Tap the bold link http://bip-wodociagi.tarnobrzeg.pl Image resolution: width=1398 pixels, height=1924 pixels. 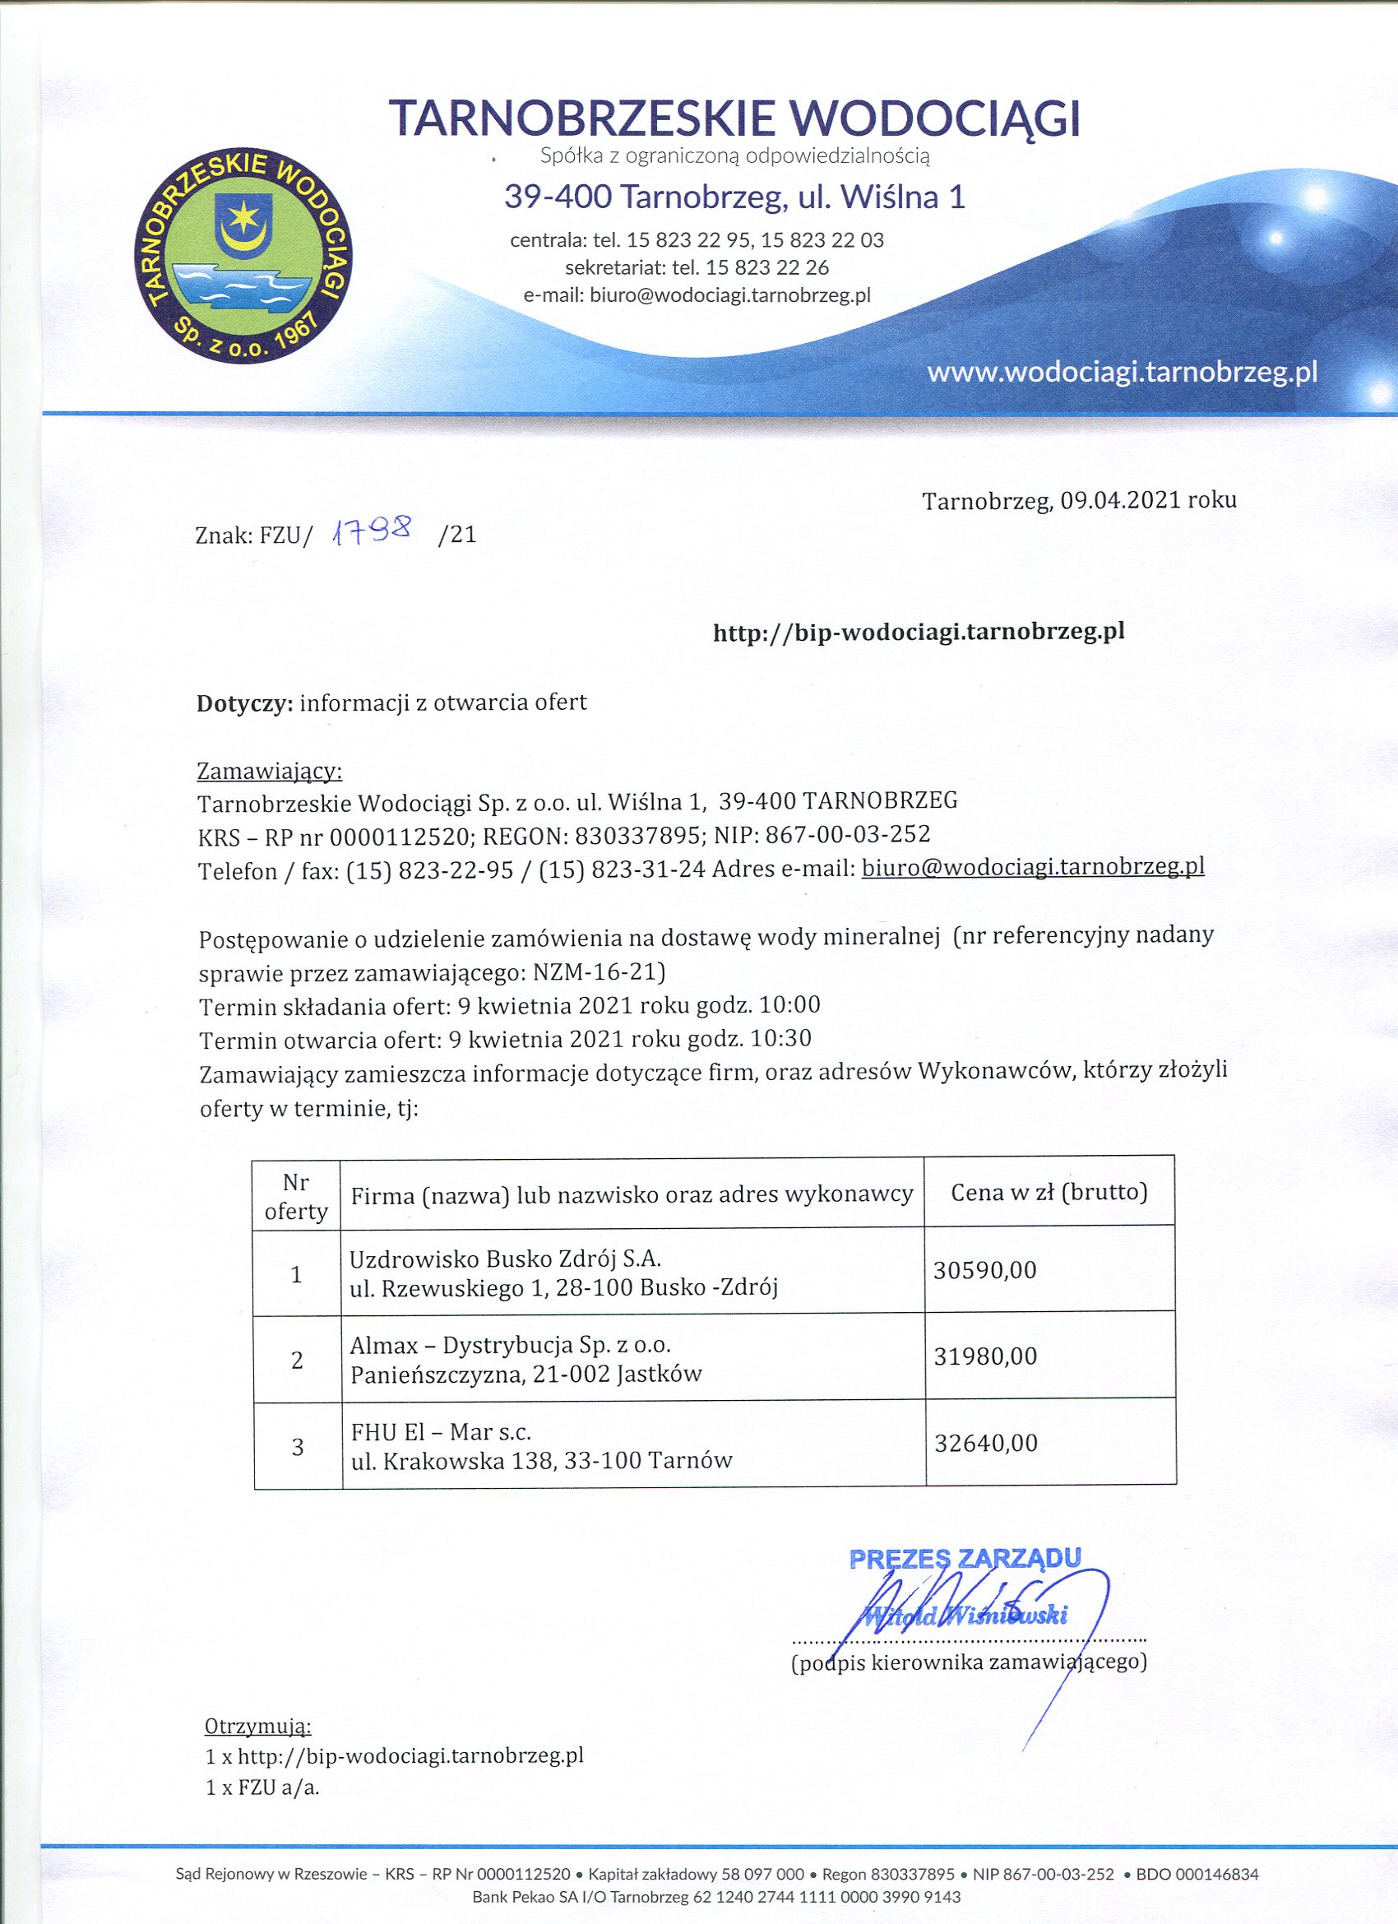click(919, 631)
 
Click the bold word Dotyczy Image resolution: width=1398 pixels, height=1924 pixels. click(244, 703)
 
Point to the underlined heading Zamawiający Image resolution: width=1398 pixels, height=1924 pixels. click(269, 771)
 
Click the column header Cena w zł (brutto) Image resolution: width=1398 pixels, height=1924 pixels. click(1048, 1192)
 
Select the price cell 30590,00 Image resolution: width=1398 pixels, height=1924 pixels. click(985, 1270)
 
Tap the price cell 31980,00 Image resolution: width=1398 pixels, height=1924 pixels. click(985, 1356)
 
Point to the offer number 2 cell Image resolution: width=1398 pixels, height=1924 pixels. click(297, 1360)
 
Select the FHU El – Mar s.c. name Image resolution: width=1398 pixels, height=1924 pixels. click(440, 1432)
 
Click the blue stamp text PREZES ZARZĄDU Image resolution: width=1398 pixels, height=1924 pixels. click(965, 1559)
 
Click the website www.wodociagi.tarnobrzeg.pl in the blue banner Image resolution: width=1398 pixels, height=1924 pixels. click(1122, 373)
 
